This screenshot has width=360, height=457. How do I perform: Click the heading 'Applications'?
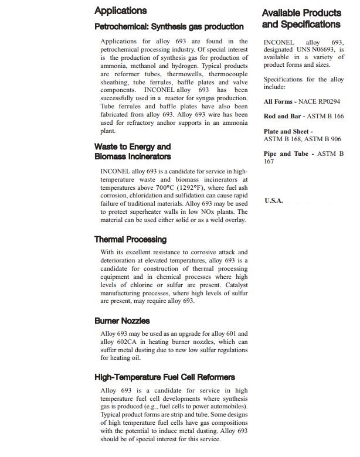pos(121,11)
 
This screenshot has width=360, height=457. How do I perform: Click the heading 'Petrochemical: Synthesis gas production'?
pos(169,26)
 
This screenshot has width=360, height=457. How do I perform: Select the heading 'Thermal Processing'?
pos(130,239)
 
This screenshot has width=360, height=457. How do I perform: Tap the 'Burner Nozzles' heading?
pos(122,320)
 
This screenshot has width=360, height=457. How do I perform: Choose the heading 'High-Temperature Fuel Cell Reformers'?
pos(165,377)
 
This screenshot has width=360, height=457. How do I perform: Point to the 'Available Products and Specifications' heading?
pos(301,19)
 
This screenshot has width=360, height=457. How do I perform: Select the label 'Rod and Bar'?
pos(283,117)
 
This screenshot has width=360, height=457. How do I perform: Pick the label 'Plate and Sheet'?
pos(286,132)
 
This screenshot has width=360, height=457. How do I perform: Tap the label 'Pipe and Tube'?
pos(286,154)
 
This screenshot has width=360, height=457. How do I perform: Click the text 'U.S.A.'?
pos(274,200)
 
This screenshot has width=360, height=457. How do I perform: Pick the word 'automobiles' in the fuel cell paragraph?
pos(226,406)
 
